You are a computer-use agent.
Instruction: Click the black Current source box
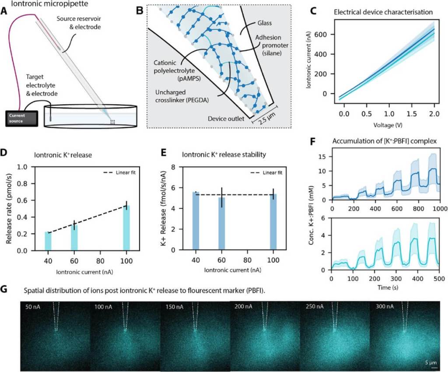click(21, 117)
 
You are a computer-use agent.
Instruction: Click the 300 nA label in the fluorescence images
click(385, 307)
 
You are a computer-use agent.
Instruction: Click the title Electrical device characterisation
click(383, 12)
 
